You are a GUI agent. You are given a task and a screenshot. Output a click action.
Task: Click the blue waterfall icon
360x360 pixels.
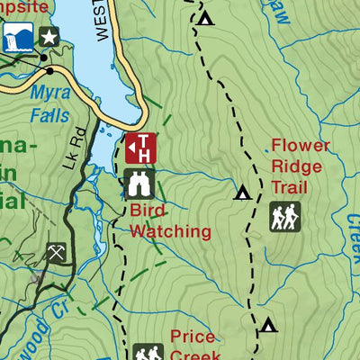point(15,37)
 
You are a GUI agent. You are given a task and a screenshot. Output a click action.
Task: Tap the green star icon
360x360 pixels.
point(49,37)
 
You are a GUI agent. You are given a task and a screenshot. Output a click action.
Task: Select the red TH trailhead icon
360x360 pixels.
point(141,148)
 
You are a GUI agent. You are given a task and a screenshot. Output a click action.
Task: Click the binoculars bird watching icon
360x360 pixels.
point(139,184)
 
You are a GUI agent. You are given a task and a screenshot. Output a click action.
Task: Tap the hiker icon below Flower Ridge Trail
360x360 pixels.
point(285,216)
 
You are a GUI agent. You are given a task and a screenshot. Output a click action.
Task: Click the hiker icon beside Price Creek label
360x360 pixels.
point(148,352)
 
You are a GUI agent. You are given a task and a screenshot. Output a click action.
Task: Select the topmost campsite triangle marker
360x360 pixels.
point(206,18)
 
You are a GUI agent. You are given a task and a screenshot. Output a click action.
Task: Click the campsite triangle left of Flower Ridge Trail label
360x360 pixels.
point(242,192)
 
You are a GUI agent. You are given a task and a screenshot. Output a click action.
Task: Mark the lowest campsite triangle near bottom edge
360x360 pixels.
point(268,324)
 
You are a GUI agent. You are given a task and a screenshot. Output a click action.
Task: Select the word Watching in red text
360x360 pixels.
point(170,231)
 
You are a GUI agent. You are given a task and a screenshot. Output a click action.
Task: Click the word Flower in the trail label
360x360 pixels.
point(301,146)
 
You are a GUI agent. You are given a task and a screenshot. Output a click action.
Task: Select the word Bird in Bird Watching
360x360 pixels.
point(148,211)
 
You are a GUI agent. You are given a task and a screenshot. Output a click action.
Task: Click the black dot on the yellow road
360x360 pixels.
point(49,70)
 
